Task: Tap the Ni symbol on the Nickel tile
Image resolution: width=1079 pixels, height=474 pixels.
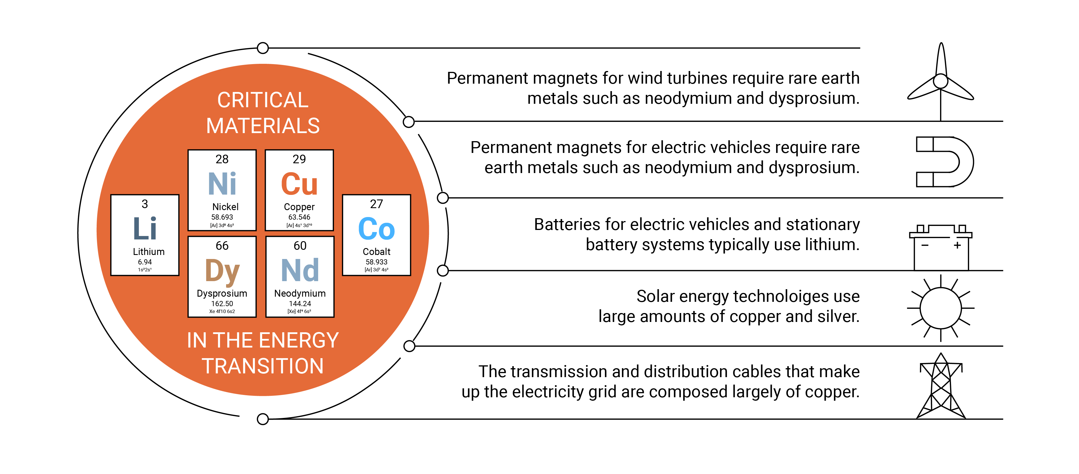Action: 222,184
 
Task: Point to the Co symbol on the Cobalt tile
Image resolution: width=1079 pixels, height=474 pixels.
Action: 376,229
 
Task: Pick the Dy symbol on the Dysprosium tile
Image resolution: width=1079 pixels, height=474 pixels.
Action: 222,271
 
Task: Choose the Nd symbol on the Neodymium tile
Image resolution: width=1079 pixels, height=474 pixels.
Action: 300,270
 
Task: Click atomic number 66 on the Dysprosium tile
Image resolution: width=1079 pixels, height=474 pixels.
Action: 222,245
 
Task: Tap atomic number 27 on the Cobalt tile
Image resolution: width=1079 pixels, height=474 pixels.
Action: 376,204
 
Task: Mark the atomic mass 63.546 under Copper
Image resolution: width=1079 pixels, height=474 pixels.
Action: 299,217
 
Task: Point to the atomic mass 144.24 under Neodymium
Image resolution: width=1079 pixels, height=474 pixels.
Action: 300,304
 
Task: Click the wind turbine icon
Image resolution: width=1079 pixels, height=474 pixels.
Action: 941,82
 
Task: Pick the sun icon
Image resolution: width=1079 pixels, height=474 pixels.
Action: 941,308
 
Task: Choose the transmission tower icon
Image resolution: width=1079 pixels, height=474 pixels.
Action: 941,386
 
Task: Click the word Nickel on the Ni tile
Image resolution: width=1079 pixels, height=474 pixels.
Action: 225,207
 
